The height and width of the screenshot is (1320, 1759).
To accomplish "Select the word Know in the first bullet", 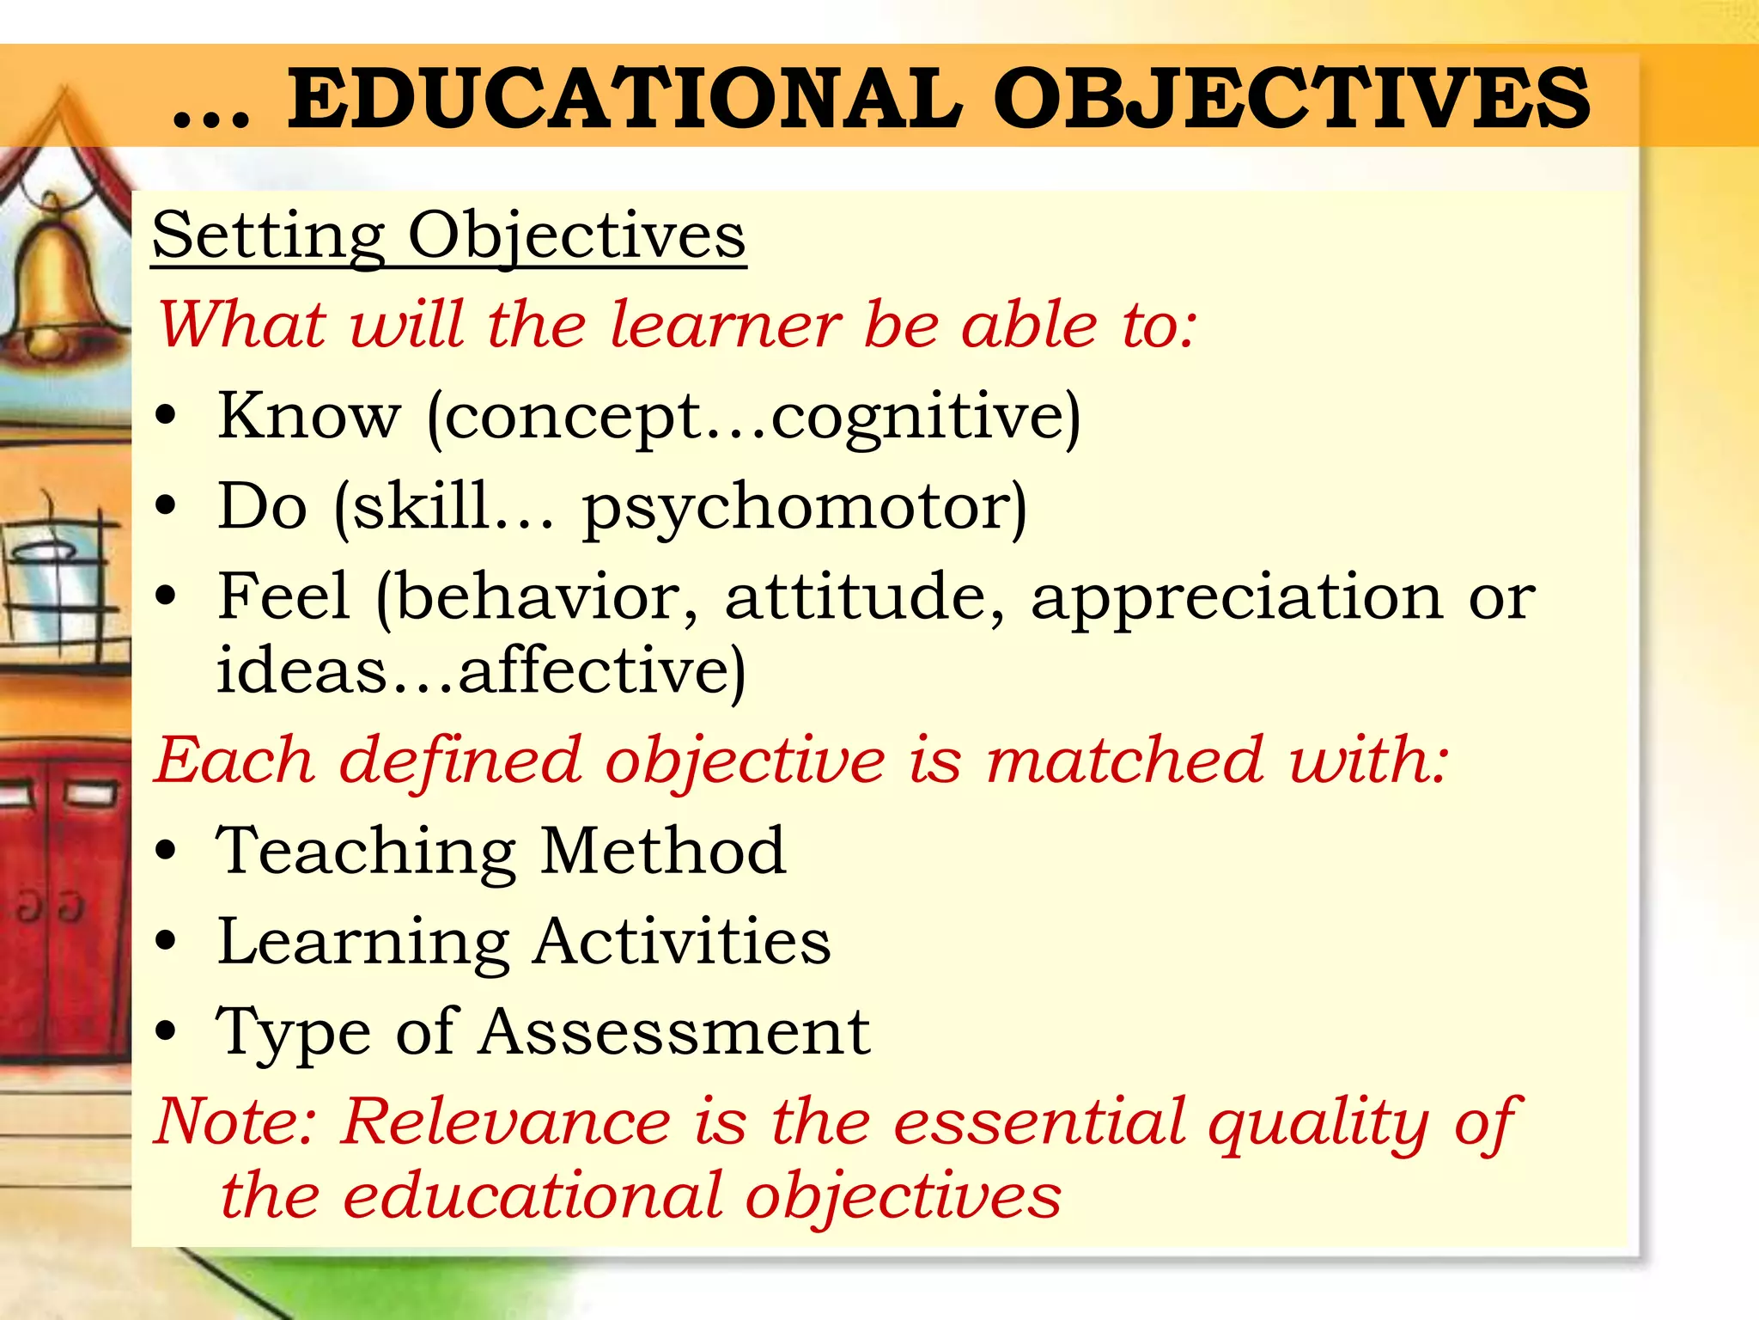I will click(309, 416).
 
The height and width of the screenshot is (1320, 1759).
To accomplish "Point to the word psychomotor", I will click(804, 507).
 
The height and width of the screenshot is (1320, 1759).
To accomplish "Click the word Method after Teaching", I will click(663, 851).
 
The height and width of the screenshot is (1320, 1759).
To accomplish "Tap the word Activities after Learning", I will click(682, 941).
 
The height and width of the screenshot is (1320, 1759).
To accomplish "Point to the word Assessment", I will click(675, 1031).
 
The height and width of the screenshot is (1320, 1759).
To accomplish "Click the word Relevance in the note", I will click(506, 1121).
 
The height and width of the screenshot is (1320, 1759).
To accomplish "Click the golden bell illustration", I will click(58, 284).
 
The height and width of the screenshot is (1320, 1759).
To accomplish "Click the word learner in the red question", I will click(726, 326).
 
